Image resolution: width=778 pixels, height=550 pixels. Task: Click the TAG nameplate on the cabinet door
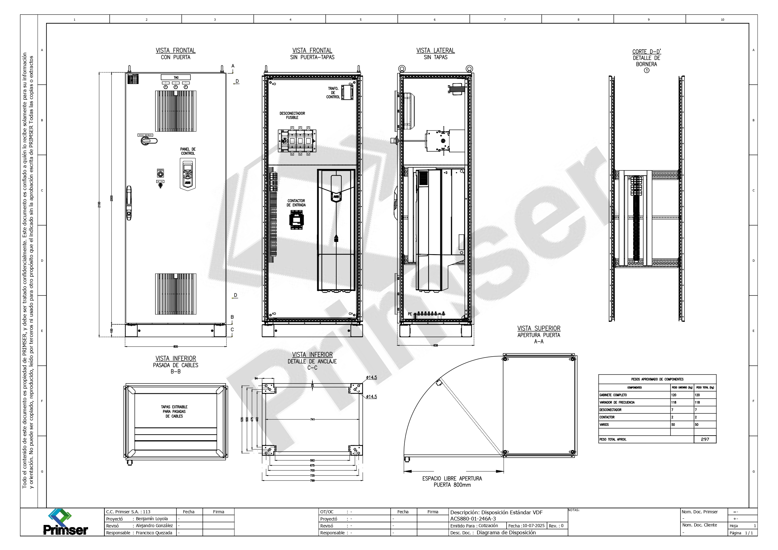(176, 77)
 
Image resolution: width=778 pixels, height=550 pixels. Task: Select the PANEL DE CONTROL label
(188, 151)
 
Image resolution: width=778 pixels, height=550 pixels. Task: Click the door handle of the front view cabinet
(129, 203)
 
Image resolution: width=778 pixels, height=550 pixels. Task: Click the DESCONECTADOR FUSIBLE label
(292, 115)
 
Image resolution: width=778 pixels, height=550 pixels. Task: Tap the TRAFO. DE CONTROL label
(333, 92)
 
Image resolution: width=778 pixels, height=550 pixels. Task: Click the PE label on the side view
(410, 314)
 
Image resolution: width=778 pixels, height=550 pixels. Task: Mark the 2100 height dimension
(99, 204)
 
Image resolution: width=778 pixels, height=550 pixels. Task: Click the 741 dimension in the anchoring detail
(313, 420)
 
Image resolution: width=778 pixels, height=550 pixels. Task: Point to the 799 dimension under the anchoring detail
(313, 480)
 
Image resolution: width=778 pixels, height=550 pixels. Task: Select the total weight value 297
(705, 439)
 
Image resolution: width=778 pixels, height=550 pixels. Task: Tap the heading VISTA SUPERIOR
(539, 328)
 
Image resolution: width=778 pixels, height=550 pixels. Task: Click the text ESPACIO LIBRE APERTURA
(452, 479)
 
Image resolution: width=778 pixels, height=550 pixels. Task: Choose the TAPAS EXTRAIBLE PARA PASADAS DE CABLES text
(174, 411)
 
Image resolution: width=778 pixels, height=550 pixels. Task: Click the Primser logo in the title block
(65, 522)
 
